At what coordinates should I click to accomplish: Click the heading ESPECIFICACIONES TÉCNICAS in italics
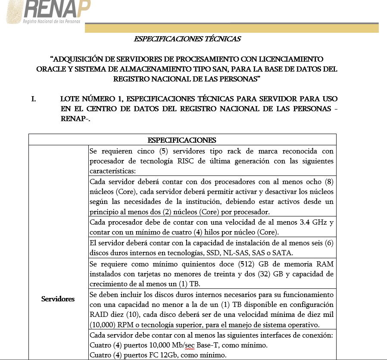tap(187, 39)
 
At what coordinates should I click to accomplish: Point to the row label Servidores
tap(58, 299)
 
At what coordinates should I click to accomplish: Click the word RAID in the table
tap(98, 315)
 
